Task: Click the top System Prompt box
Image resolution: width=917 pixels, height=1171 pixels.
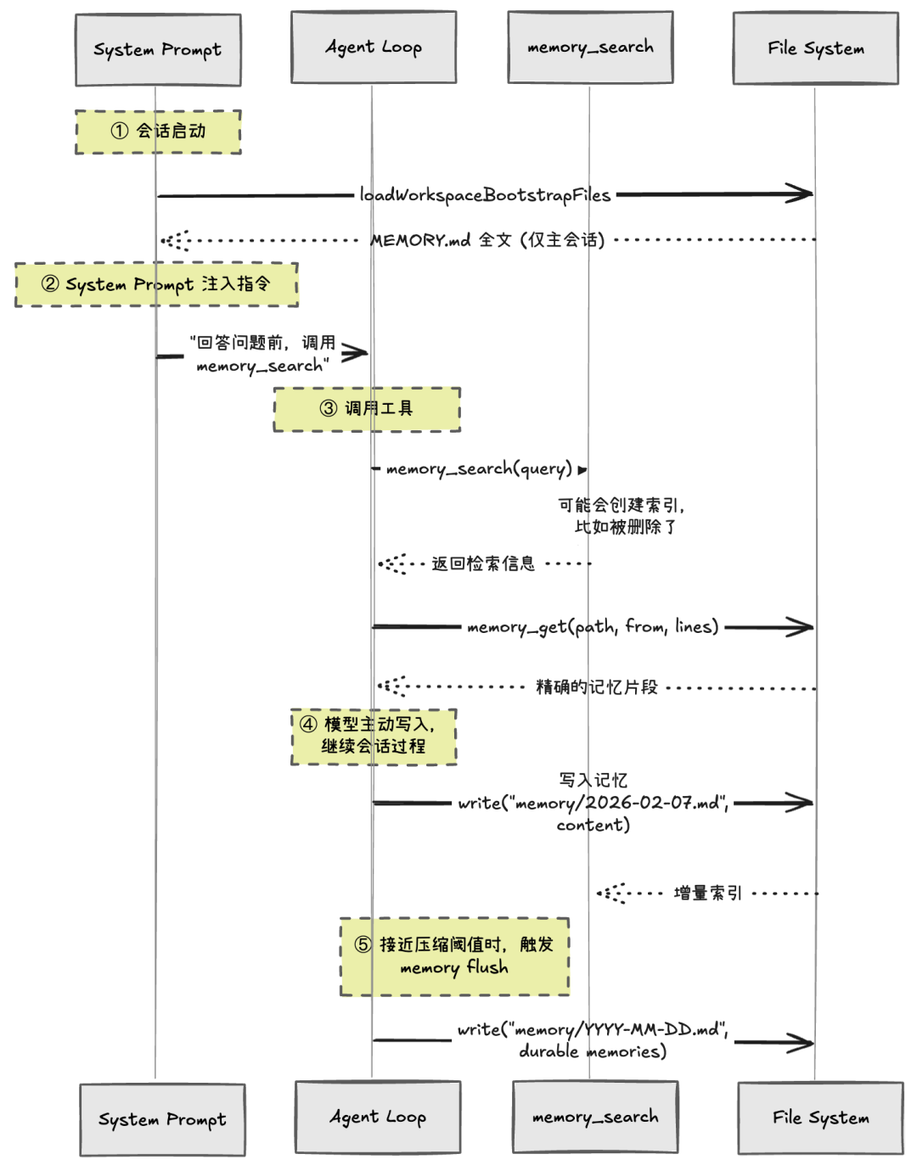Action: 158,50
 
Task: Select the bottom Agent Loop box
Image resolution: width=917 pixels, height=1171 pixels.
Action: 378,1117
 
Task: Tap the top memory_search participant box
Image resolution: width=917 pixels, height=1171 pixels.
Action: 590,48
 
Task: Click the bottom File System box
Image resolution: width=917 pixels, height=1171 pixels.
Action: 820,1118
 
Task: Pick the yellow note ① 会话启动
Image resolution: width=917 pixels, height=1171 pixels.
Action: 158,132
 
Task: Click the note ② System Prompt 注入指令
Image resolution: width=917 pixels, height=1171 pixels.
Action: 156,284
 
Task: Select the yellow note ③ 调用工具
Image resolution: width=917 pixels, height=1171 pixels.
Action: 367,409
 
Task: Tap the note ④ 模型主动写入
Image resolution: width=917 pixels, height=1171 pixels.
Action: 374,736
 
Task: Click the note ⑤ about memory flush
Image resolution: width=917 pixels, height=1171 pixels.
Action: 454,956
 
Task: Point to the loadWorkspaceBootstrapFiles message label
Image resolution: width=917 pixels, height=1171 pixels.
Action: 485,195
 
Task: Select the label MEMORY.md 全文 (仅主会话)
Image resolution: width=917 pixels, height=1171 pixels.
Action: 487,240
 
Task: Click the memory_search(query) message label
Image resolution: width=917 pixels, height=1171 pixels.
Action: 479,468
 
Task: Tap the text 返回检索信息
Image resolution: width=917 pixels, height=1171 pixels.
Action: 483,563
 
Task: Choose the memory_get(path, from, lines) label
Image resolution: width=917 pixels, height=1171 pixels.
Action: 593,627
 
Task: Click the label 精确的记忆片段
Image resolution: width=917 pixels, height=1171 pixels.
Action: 597,686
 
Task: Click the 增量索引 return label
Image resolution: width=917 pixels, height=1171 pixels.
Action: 708,893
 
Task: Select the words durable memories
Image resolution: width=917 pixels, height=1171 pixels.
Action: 593,1051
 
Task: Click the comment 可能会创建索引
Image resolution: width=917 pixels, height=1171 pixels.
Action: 621,506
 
